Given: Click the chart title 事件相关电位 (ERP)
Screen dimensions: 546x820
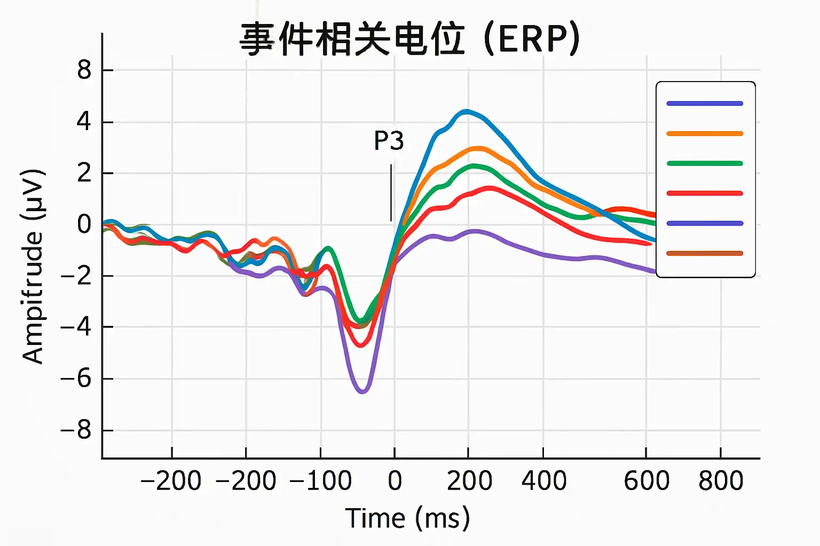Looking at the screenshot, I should point(409,39).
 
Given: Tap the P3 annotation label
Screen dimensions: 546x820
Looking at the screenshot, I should point(389,141).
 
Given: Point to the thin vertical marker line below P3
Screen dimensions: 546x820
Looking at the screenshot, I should point(391,192).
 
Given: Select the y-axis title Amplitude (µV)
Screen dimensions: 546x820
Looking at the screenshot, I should point(33,267).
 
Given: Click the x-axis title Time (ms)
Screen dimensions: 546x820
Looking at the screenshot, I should point(407,518).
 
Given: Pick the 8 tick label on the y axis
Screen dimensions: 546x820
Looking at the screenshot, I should point(84,70).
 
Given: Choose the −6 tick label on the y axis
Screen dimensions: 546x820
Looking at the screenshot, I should point(76,379).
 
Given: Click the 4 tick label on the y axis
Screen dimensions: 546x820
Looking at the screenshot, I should point(84,122).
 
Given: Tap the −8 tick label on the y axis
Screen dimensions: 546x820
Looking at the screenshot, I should point(76,430).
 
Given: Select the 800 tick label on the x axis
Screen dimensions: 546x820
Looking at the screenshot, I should point(721,481).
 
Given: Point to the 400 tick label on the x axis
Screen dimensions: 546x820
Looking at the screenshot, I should point(543,481).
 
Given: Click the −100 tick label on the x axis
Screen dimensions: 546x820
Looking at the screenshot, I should point(320,481).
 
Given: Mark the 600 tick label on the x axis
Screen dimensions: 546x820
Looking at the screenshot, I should point(646,481).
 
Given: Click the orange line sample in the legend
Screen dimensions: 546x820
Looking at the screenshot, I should point(705,134).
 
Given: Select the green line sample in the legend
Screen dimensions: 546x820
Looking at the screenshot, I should point(705,164).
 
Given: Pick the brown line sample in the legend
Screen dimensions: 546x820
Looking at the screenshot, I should point(705,253).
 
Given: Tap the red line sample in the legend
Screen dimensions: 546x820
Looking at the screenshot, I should point(705,194).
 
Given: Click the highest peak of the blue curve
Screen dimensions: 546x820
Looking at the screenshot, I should point(467,111).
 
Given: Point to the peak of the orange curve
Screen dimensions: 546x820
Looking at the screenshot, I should point(479,148).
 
